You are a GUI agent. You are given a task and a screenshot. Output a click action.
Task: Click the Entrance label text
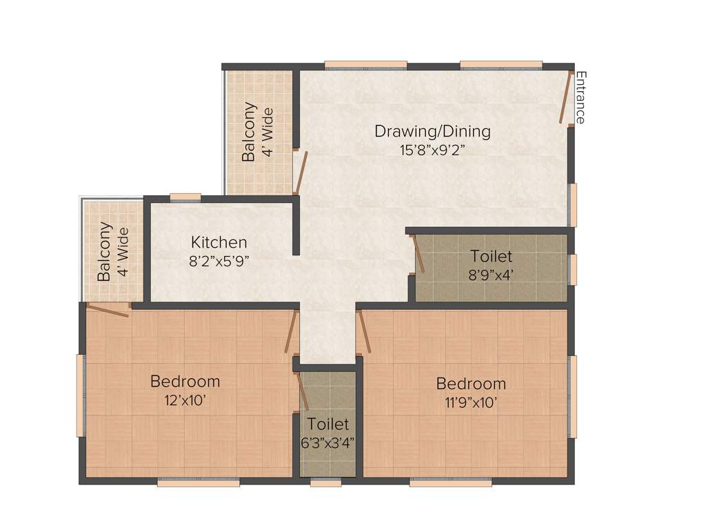coord(581,97)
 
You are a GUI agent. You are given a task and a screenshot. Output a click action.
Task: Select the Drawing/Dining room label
coord(432,131)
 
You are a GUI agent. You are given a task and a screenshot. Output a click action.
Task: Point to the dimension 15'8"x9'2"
coord(432,150)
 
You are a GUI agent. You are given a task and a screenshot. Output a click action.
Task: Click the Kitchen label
coord(219,242)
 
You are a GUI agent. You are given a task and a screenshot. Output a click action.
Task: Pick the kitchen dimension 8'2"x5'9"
coord(219,261)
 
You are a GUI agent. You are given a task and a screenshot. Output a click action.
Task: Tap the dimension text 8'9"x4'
coord(491,274)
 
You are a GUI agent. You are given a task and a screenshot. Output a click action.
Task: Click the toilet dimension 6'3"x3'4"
coord(328,443)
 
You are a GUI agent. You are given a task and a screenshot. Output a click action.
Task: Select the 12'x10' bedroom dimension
coord(185,400)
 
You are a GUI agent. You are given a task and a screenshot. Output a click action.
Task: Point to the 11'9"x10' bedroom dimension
coord(471,402)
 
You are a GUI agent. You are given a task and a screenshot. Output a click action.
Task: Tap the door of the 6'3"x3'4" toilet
coord(301,391)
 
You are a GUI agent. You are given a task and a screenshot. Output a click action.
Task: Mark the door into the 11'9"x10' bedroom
coord(365,332)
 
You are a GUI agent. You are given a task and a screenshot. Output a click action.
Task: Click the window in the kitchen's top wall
coord(185,197)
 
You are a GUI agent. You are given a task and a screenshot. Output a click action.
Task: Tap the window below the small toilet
coord(325,483)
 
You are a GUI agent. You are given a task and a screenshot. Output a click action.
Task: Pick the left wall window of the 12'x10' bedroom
coord(80,395)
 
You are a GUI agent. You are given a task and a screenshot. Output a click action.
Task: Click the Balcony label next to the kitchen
coord(104,251)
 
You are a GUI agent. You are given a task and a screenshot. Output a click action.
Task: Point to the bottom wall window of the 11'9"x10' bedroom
coord(451,483)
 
